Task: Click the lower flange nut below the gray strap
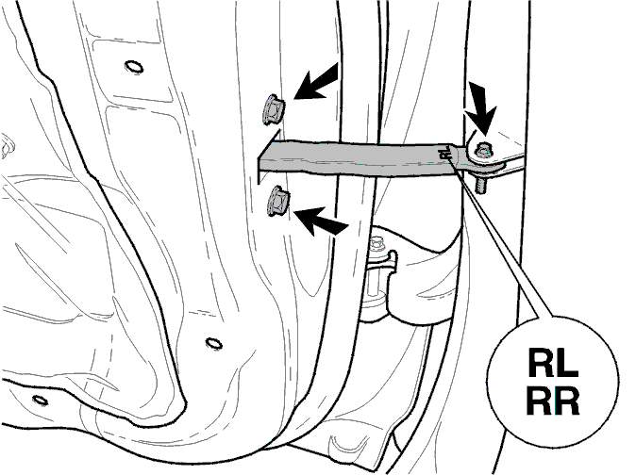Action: click(278, 200)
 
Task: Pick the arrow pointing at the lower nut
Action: click(321, 221)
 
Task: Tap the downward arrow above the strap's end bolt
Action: click(482, 106)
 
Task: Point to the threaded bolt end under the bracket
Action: click(480, 183)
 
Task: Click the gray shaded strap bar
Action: click(357, 157)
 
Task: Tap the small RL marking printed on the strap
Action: click(445, 153)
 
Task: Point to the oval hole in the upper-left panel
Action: click(134, 66)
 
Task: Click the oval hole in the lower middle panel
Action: click(213, 343)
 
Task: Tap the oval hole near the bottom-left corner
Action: click(40, 400)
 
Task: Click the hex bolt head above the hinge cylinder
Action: click(377, 243)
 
